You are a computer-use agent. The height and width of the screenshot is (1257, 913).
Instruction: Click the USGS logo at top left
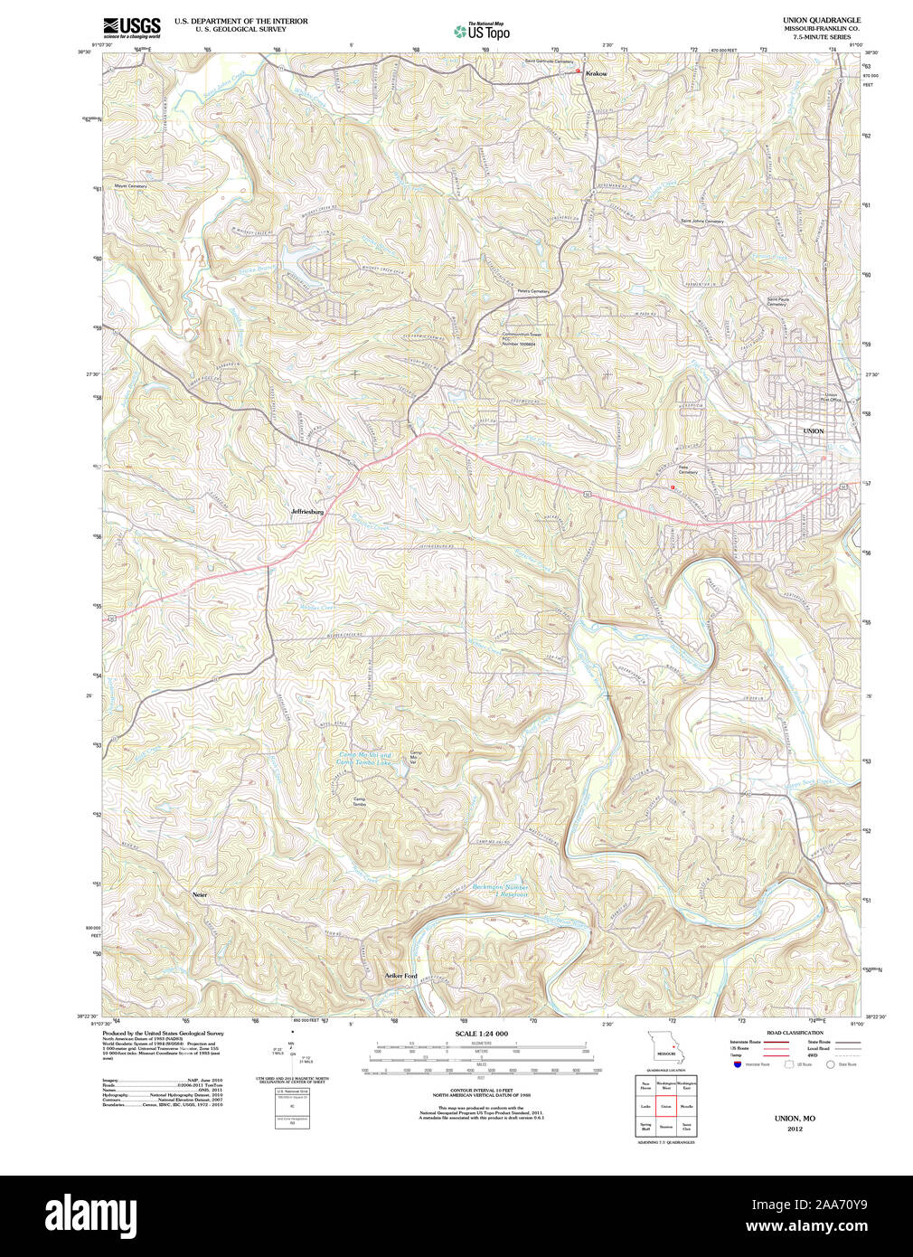click(x=132, y=26)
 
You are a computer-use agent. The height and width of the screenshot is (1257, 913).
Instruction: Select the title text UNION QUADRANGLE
click(x=821, y=20)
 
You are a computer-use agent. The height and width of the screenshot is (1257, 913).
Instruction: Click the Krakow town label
click(x=597, y=73)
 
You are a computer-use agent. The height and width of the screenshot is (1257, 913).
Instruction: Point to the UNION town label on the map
click(x=814, y=431)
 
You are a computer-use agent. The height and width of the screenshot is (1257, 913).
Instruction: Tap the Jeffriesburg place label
click(x=307, y=512)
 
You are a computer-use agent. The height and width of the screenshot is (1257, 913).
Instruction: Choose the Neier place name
click(x=200, y=894)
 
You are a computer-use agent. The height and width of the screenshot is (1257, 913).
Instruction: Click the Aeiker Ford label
click(x=401, y=976)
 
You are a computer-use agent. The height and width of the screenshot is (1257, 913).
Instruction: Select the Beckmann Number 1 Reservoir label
click(x=501, y=891)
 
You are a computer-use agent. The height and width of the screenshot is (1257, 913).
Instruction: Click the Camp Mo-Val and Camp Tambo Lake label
click(x=364, y=759)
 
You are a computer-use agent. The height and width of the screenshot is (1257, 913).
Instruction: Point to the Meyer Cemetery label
click(x=130, y=186)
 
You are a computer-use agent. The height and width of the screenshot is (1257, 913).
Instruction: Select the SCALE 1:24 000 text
click(x=481, y=1034)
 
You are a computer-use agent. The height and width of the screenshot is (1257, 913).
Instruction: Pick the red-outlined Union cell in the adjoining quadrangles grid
click(x=666, y=1106)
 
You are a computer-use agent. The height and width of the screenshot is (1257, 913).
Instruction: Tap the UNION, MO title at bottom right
click(x=794, y=1119)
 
